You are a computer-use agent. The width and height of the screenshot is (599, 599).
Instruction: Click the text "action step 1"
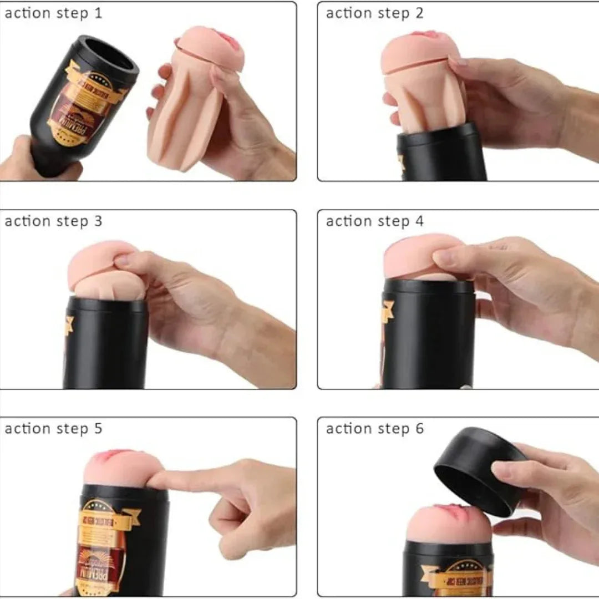click(x=53, y=13)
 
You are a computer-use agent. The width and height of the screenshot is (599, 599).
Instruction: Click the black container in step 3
click(x=105, y=344)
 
